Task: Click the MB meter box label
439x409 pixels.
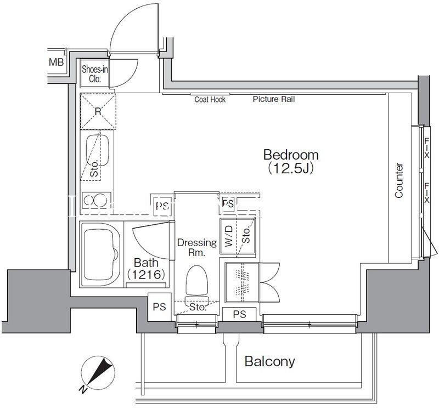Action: (x=57, y=62)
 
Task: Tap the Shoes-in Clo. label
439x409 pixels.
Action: (x=95, y=74)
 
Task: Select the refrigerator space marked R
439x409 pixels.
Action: (x=98, y=112)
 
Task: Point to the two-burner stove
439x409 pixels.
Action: (x=95, y=200)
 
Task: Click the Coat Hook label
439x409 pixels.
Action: (x=210, y=99)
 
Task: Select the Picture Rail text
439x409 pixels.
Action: (x=274, y=99)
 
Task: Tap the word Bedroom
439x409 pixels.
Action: (x=291, y=155)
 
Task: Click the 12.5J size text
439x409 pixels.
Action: (x=290, y=168)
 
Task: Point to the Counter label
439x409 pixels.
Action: (x=399, y=181)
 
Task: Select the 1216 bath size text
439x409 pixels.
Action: (x=145, y=275)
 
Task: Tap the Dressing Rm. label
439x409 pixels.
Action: (x=197, y=248)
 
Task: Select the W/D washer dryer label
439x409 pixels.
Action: (x=229, y=236)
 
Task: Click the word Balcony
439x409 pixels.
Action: (x=269, y=361)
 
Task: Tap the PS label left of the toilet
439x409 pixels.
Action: (x=159, y=307)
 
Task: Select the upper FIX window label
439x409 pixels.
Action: (x=427, y=148)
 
